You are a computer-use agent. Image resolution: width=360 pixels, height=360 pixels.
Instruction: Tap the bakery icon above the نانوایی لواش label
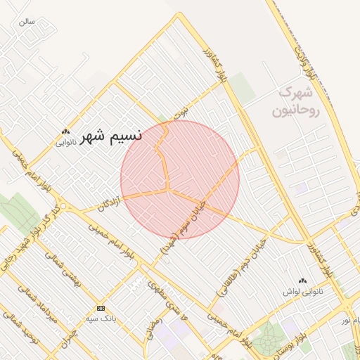[x=303, y=280]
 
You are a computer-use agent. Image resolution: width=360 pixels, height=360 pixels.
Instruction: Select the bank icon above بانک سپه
[x=101, y=308]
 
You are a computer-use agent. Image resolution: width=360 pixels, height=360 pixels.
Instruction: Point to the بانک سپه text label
[x=101, y=318]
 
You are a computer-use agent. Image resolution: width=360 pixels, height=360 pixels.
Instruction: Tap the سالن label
[x=27, y=22]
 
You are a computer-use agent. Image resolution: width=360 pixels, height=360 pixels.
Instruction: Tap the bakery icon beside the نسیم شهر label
[x=65, y=131]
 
